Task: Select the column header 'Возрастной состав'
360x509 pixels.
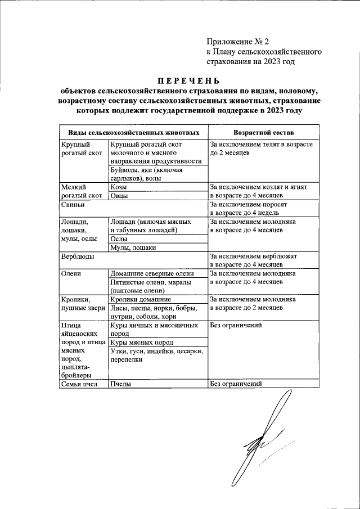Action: click(258, 132)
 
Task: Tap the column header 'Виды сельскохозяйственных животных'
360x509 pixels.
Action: click(134, 132)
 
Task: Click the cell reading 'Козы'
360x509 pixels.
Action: click(119, 186)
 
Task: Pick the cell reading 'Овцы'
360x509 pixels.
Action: click(119, 196)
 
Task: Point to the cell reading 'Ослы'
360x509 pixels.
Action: click(119, 238)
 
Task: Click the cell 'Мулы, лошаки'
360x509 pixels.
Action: click(133, 247)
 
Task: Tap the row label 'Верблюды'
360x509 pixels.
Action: click(77, 256)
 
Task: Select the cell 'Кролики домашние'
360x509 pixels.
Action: click(141, 300)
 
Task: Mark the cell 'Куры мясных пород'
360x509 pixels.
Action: click(142, 342)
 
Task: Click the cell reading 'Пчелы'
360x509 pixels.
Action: click(121, 385)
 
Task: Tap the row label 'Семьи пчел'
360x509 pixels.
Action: click(79, 385)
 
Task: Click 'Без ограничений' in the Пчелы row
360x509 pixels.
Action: click(236, 385)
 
